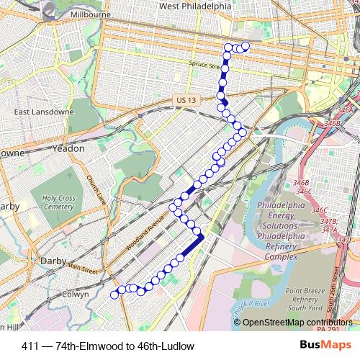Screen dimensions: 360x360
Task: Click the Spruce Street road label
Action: coord(203,65)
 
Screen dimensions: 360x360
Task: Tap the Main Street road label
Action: coord(83,271)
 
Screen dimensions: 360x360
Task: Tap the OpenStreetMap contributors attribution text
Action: coord(297,322)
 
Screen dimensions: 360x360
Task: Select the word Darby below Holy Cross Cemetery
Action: coord(53,260)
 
